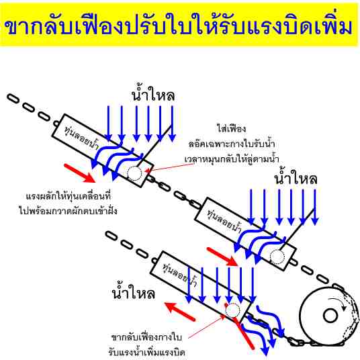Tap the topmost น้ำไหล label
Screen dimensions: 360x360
(153, 93)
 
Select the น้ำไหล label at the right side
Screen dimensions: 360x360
(296, 177)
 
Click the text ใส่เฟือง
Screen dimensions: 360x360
(232, 128)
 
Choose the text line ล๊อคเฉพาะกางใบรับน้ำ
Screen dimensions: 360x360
(232, 144)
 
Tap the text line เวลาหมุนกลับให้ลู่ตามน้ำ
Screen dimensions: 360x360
(232, 159)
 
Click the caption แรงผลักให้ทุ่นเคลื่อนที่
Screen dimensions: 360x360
(69, 197)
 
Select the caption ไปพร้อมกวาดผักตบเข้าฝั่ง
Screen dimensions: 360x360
(69, 210)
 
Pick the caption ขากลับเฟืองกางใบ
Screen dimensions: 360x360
(146, 337)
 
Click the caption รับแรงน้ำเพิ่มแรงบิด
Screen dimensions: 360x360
(146, 352)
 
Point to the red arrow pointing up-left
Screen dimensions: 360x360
(180, 312)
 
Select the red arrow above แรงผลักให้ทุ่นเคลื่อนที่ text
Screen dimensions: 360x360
(79, 173)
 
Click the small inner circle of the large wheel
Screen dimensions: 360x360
(330, 316)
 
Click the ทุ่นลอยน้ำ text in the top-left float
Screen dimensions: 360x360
(81, 138)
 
